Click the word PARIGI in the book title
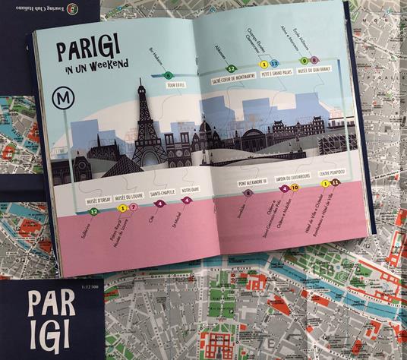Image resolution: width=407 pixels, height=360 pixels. pyautogui.click(x=90, y=50)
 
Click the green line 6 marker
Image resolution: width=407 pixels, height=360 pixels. pyautogui.click(x=168, y=75)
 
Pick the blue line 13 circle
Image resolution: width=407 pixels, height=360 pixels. pyautogui.click(x=276, y=64)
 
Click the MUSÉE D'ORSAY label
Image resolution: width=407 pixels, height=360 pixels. pyautogui.click(x=95, y=200)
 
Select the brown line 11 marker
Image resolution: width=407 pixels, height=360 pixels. pyautogui.click(x=335, y=184)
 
